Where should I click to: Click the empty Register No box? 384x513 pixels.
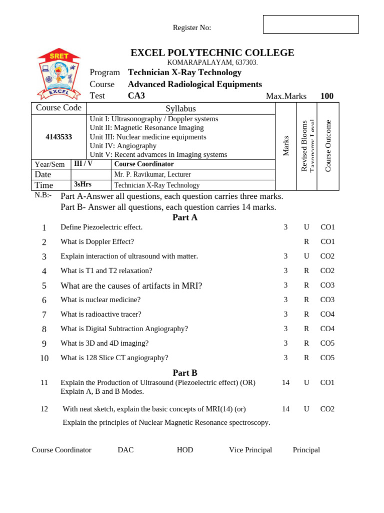(310, 24)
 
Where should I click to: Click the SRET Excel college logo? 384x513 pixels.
(59, 74)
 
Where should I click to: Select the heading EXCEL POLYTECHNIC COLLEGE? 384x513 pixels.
(212, 53)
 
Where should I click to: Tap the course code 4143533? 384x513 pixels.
(58, 137)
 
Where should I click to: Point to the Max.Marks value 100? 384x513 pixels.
(326, 96)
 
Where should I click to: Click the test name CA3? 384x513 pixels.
(136, 96)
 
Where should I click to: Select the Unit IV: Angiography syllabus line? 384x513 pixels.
(123, 146)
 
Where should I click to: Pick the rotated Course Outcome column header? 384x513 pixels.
(328, 146)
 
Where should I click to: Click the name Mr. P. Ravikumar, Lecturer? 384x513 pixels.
(152, 174)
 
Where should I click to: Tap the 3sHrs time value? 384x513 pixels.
(82, 185)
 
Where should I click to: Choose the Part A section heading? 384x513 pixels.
(185, 217)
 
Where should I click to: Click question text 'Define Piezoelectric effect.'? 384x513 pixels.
(101, 227)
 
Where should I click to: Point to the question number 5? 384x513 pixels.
(44, 286)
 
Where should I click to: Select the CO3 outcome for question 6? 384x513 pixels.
(327, 300)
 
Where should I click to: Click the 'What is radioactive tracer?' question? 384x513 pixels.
(101, 314)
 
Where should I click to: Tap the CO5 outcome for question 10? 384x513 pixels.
(327, 358)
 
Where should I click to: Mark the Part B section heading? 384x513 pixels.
(185, 373)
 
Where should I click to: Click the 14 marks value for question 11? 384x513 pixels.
(285, 382)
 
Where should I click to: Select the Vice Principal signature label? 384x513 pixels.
(250, 450)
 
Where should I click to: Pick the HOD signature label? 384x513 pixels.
(185, 450)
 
